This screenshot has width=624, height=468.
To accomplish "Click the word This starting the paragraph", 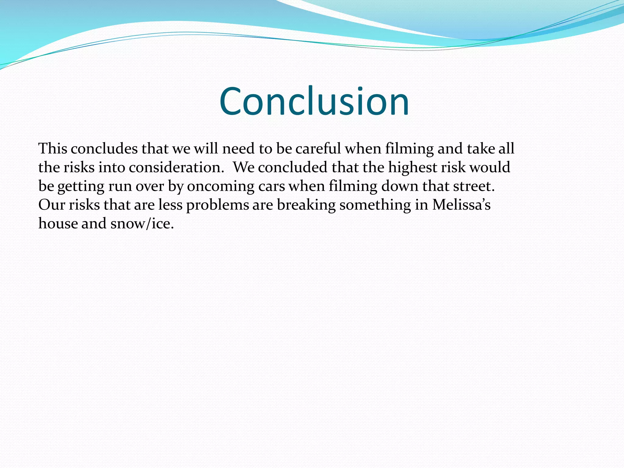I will tap(53, 149).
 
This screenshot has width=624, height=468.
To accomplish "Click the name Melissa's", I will tap(461, 205).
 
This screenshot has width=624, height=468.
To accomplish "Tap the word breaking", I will tap(306, 205).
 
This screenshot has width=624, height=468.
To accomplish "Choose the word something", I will tap(375, 205).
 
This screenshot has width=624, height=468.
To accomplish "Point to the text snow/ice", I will tap(142, 224).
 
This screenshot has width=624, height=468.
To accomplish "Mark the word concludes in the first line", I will tap(104, 149).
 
